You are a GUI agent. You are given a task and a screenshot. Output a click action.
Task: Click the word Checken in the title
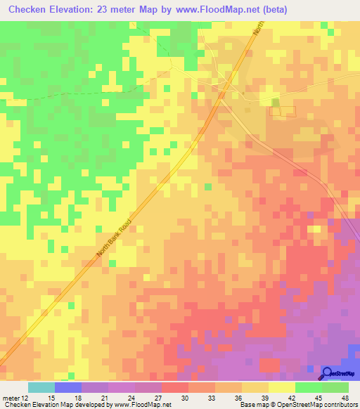(31, 10)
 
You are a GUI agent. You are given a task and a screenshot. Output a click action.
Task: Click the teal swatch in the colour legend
(41, 387)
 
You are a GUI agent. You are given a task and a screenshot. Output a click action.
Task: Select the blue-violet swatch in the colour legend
(68, 387)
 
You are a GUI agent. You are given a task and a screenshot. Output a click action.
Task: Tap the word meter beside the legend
(9, 397)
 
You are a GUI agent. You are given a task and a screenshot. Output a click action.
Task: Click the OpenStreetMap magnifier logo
(328, 373)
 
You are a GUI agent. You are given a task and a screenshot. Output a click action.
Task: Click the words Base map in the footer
(252, 405)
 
